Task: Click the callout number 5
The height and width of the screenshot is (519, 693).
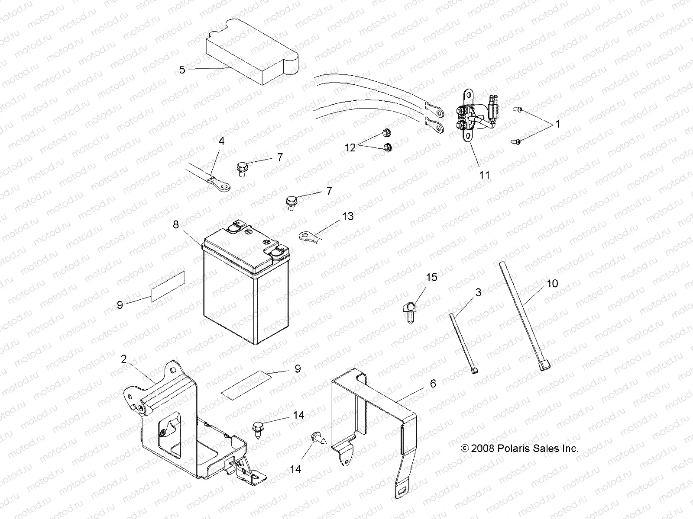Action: point(182,69)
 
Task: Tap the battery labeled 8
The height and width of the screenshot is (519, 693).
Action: point(246,294)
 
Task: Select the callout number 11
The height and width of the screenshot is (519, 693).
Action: point(485,175)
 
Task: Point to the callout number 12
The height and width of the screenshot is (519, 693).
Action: point(350,147)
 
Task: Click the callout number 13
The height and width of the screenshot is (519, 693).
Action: point(348,216)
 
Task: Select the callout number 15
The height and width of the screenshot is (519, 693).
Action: point(432,277)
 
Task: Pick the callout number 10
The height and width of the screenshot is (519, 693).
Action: point(552,283)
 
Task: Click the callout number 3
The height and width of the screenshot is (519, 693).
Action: point(478,292)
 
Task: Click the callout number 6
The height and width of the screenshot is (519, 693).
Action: point(433,383)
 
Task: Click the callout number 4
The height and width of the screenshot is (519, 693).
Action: point(221,141)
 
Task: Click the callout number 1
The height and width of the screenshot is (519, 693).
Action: point(557,124)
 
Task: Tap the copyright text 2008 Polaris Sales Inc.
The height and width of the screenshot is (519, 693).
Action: point(519,449)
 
